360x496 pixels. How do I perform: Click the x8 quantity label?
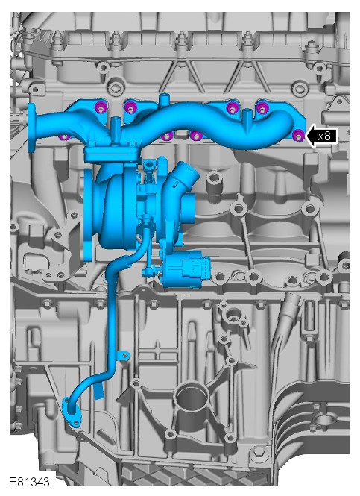[324, 136]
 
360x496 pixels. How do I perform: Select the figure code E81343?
[29, 482]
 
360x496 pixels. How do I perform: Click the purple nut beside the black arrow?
[298, 136]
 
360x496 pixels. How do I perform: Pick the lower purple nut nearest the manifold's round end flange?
[64, 137]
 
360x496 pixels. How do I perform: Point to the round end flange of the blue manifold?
[31, 127]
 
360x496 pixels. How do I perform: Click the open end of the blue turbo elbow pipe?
[189, 170]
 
